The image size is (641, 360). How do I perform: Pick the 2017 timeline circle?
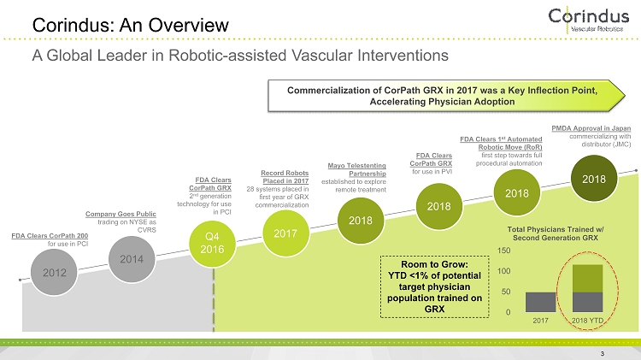[285, 233]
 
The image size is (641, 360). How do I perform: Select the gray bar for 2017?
[541, 302]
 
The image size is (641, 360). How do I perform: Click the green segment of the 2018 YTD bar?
[587, 278]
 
